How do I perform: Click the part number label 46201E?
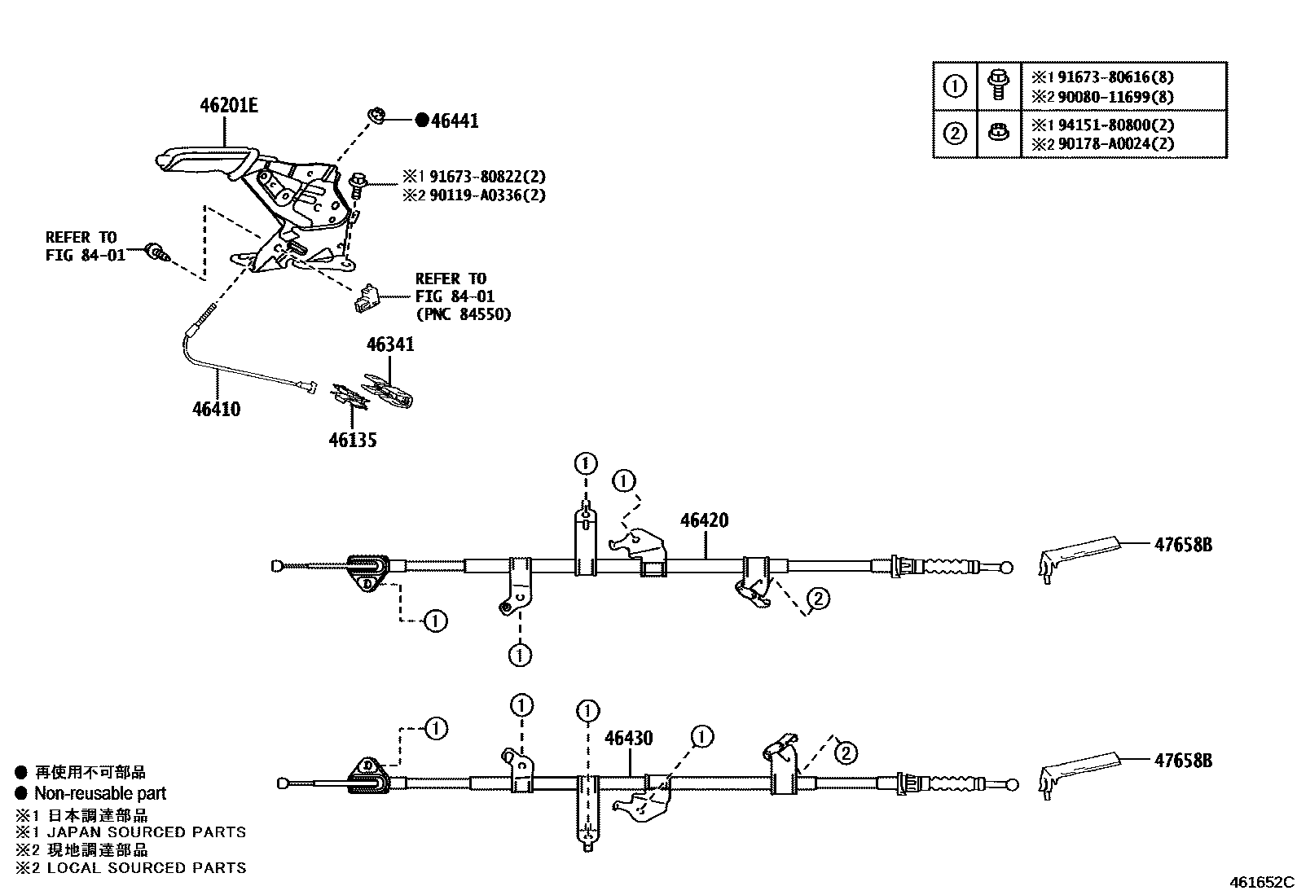tap(229, 106)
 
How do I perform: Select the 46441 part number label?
tap(455, 121)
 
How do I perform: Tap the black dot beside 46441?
tap(421, 121)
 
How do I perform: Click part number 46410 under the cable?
tap(216, 409)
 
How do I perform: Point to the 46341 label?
tap(390, 344)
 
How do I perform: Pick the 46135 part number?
tap(353, 441)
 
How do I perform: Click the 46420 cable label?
tap(704, 520)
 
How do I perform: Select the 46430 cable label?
tap(628, 739)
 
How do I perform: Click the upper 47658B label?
tap(1182, 545)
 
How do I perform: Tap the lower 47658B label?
tap(1182, 761)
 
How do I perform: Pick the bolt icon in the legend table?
tap(996, 84)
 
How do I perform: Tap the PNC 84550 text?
tap(463, 314)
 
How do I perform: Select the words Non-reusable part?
tap(99, 793)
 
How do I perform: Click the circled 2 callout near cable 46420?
tap(818, 599)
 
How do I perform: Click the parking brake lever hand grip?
tap(200, 159)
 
